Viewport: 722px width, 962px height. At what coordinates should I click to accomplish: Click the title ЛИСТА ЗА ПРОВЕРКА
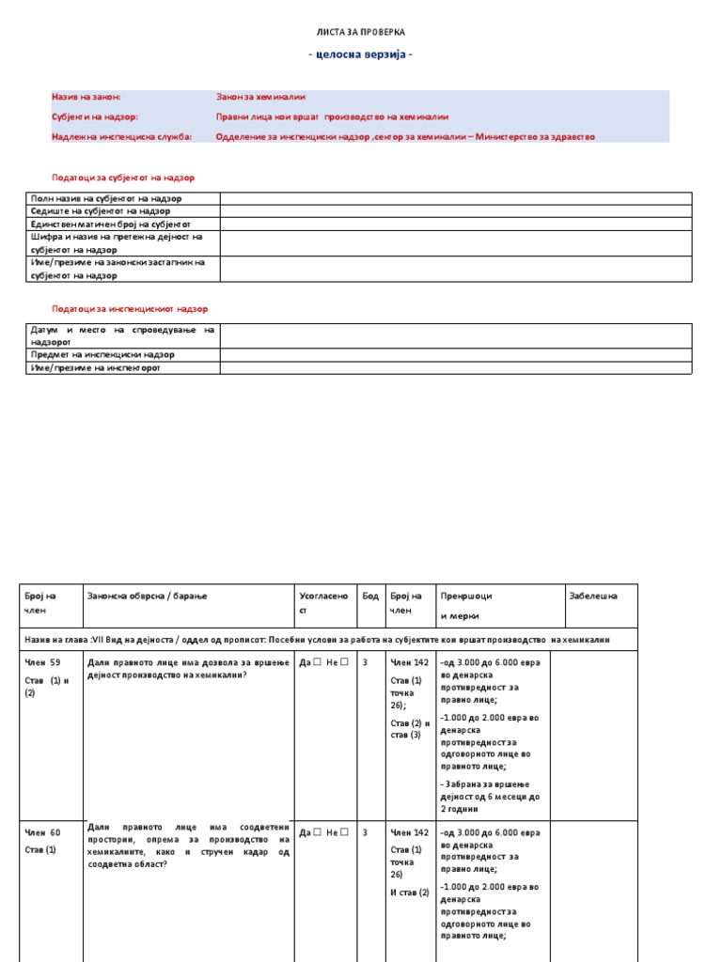(x=361, y=32)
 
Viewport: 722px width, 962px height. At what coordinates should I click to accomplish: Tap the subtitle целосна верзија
(x=361, y=54)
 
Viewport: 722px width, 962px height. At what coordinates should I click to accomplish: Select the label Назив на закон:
(x=86, y=97)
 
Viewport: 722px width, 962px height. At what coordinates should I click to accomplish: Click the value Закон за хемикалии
(x=260, y=97)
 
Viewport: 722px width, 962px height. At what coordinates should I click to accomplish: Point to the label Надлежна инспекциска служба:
(x=121, y=136)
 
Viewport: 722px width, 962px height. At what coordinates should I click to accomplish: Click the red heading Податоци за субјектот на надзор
(x=123, y=177)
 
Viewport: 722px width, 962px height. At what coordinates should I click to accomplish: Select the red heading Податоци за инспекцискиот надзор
(x=130, y=308)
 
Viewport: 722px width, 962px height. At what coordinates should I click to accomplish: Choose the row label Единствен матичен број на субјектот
(x=110, y=225)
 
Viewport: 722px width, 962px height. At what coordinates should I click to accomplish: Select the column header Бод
(x=370, y=596)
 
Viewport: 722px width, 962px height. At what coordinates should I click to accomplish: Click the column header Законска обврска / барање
(x=147, y=596)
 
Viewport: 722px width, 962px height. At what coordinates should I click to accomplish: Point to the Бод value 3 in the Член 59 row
(x=365, y=662)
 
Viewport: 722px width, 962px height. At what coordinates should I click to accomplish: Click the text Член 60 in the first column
(x=42, y=832)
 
